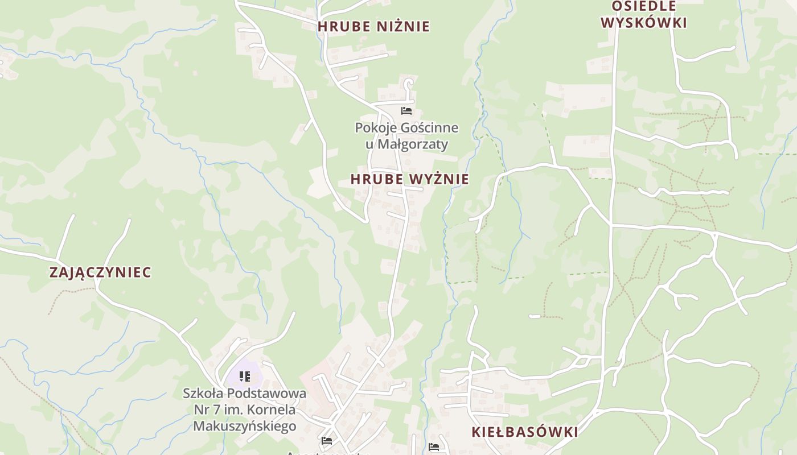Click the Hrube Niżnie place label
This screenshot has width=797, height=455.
[373, 26]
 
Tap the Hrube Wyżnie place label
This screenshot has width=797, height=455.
[409, 179]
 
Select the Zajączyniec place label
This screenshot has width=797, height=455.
[100, 272]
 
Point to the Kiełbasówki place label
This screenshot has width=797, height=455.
[524, 432]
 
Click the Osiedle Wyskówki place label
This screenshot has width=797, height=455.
[644, 15]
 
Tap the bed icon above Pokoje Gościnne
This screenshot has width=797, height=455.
[406, 110]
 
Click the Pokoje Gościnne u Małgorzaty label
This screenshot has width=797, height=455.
[406, 136]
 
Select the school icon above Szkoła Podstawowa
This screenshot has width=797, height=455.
[244, 376]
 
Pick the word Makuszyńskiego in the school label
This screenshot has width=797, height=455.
[245, 426]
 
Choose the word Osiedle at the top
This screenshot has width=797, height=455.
[644, 6]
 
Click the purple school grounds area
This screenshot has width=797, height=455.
[253, 377]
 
